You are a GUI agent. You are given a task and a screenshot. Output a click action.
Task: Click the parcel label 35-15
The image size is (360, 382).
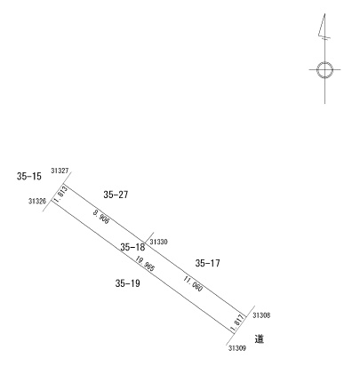pos(29,177)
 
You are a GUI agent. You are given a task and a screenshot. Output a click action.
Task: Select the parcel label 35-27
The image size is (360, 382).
pos(116,195)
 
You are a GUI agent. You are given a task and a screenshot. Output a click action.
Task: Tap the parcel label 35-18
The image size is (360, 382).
pos(132,247)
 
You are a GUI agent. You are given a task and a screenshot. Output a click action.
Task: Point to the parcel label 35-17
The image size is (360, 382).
pos(208,263)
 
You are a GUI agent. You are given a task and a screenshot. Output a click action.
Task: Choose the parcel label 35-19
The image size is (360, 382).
pos(128,283)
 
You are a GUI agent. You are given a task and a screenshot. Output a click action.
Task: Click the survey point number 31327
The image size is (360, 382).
pos(60,171)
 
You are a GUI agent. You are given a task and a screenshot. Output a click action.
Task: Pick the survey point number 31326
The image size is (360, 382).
pos(37,202)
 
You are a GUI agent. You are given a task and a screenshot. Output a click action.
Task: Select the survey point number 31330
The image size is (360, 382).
pos(158,242)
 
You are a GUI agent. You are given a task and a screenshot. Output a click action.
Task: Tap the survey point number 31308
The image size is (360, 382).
pos(261,315)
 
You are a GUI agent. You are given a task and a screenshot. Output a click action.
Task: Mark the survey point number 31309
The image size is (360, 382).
pos(237,348)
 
